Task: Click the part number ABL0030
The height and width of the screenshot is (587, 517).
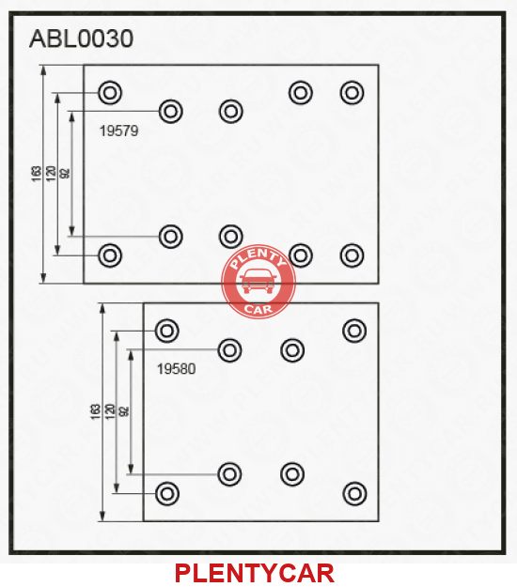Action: (81, 39)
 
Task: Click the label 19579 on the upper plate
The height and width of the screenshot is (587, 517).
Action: (118, 131)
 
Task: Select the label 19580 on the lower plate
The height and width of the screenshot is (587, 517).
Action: (176, 369)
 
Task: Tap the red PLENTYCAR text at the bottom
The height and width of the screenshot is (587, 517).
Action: (255, 573)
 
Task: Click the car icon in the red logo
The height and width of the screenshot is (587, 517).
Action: (258, 281)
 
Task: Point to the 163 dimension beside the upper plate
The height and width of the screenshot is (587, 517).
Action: (37, 174)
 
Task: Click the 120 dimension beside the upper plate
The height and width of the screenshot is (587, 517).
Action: (51, 174)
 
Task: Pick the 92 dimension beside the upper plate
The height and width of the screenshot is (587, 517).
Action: (65, 174)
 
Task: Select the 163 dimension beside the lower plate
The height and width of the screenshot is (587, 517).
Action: (96, 411)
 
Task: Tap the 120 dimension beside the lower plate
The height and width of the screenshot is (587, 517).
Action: (110, 411)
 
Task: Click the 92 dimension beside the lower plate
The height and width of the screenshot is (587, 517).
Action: (124, 411)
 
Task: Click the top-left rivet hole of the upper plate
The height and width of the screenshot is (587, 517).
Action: (110, 92)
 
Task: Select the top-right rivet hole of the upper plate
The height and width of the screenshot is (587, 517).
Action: (352, 92)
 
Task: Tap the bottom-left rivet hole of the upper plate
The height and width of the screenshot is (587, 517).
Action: (110, 255)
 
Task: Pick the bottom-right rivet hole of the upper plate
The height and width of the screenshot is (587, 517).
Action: (352, 255)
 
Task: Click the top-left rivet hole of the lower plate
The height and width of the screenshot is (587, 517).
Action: (167, 331)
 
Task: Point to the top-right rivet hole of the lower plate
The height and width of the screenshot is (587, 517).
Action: (354, 331)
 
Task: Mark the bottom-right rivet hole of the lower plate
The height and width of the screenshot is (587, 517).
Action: (354, 493)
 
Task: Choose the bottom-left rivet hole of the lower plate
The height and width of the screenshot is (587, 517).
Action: (167, 493)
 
